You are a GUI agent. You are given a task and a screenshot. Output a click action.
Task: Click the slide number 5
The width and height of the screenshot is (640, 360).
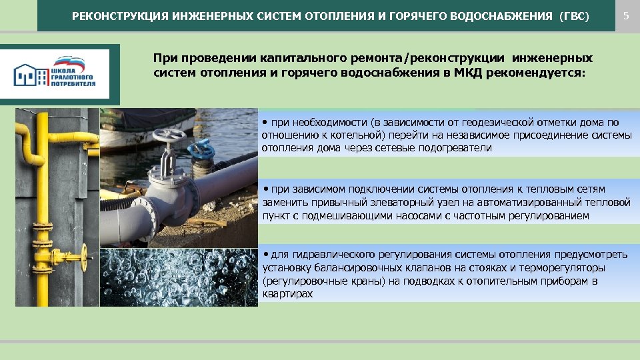click(x=625, y=15)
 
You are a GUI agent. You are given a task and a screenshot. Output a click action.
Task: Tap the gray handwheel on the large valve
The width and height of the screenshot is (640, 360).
click(x=166, y=136)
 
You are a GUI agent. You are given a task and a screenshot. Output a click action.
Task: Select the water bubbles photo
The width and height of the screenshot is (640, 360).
click(x=177, y=277)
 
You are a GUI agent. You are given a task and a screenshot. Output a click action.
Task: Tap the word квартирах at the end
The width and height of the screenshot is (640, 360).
click(x=287, y=293)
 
